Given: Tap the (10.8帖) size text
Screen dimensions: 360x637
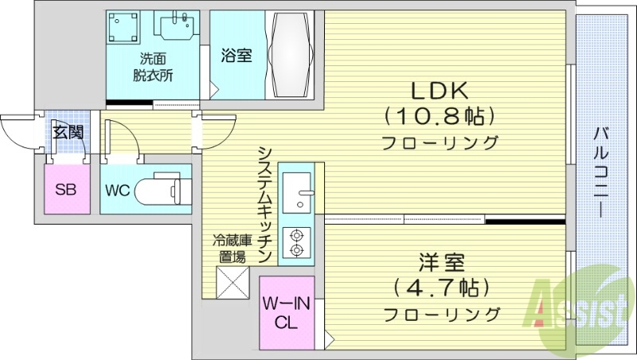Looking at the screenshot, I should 440,117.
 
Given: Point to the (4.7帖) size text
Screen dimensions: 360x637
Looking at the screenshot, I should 440,287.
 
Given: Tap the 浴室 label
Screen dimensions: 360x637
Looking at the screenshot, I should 236,56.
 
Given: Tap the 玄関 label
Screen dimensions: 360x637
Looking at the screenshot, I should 68,132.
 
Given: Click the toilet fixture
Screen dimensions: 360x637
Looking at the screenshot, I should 162,190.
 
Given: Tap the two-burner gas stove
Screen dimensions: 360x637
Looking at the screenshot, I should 299,243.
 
